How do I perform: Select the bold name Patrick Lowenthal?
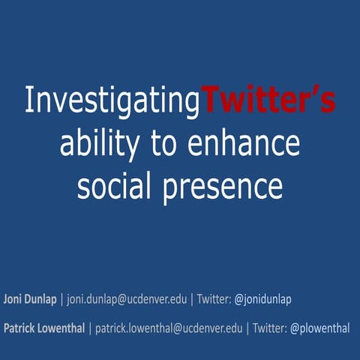tap(45, 328)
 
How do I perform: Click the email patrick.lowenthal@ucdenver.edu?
tap(169, 328)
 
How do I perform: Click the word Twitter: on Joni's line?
tap(213, 299)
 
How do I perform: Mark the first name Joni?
tap(14, 299)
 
